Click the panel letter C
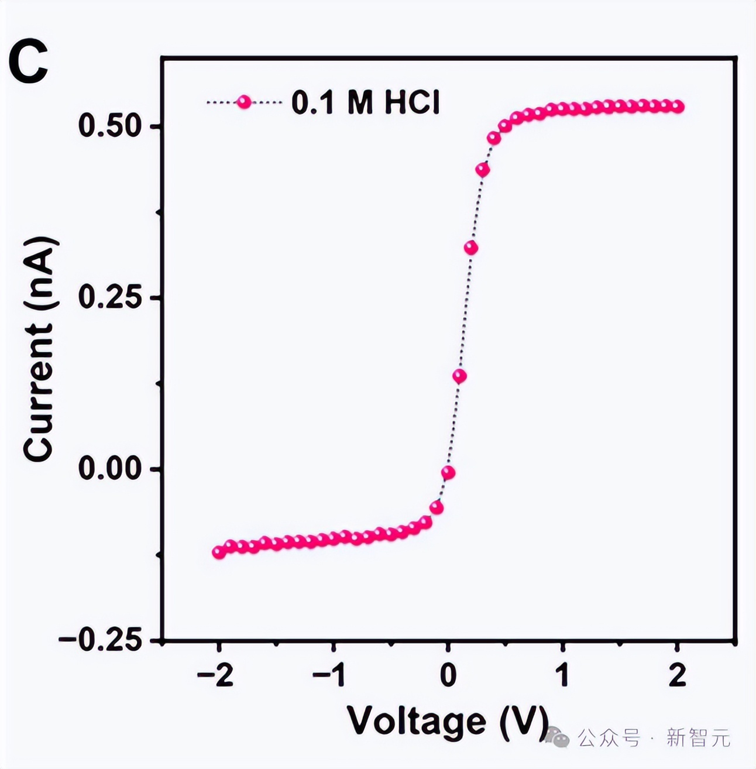coord(28,63)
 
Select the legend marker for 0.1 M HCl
coord(243,102)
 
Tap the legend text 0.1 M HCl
coord(365,104)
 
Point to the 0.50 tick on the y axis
coord(110,126)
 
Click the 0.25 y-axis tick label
coord(110,298)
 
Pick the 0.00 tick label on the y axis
coord(110,469)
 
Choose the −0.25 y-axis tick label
coord(101,640)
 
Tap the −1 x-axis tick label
coord(331,676)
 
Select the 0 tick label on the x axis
coord(448,676)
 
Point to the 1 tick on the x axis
coord(562,676)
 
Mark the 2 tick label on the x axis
coord(677,676)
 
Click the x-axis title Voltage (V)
coord(448,720)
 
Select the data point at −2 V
coord(219,552)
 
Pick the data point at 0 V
coord(448,472)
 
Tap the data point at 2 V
coord(678,107)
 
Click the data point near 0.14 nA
coord(460,376)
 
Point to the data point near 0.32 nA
coord(471,248)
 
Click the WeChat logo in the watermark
coord(558,737)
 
